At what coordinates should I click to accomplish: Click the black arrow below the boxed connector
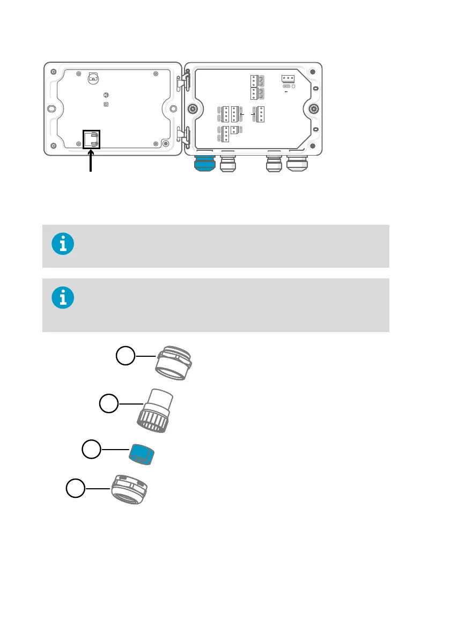91,161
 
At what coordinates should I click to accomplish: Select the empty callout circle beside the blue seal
91,450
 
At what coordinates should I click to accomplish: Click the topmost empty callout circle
126,356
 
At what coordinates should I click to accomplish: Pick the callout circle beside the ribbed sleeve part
109,404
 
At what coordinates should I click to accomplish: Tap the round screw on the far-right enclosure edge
313,109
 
